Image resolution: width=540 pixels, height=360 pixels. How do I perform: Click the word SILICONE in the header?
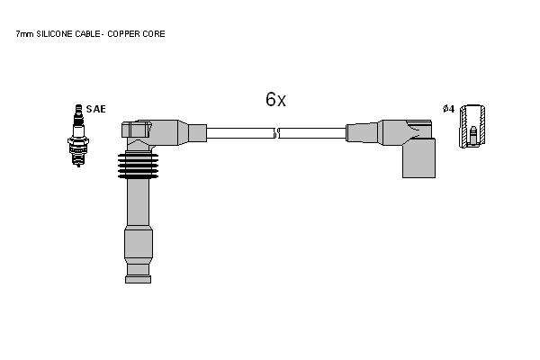[54, 34]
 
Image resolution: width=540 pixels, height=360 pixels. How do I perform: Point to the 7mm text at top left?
[24, 34]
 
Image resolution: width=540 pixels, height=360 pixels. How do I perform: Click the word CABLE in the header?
[87, 34]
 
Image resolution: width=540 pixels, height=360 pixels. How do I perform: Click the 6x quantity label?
[275, 99]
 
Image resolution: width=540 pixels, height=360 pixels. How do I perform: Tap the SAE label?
[95, 109]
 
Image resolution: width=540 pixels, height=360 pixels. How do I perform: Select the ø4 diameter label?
[449, 109]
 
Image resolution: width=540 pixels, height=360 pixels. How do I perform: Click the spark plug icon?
[78, 135]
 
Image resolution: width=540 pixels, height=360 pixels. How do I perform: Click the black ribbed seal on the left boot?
[138, 166]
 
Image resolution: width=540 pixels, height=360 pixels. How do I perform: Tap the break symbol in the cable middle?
[277, 133]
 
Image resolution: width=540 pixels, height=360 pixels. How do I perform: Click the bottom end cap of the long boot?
[138, 279]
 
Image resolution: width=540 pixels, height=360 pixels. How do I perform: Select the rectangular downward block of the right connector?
[418, 158]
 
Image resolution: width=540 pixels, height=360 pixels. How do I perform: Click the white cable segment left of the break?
[240, 133]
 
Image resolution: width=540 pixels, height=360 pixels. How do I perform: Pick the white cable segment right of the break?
[312, 133]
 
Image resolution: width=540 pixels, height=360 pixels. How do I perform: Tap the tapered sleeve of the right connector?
[363, 132]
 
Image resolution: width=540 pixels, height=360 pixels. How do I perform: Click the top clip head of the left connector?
[137, 130]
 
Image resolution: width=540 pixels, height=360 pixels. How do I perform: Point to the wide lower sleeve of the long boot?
[138, 246]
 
